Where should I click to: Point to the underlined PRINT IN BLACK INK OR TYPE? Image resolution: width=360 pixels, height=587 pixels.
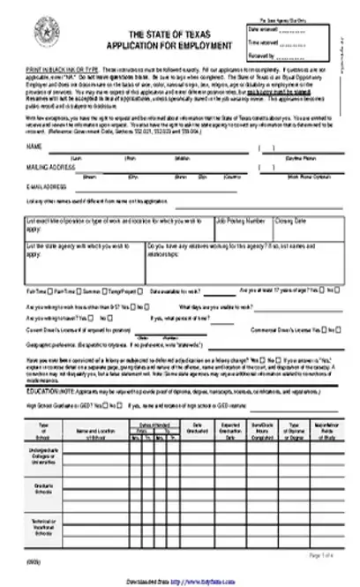coord(63,68)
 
